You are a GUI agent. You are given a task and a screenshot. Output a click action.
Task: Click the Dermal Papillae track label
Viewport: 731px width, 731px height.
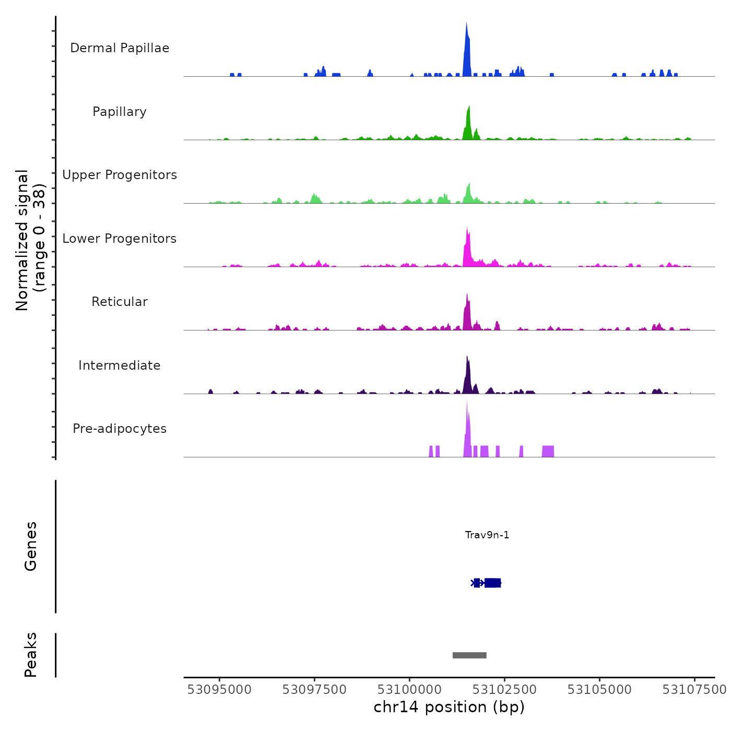[x=120, y=48]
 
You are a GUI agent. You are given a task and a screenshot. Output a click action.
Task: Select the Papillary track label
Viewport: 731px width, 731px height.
[x=120, y=112]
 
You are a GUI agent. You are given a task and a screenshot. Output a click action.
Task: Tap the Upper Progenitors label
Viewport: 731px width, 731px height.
[x=120, y=175]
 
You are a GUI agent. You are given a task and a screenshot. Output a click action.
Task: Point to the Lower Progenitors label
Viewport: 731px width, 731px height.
[x=120, y=239]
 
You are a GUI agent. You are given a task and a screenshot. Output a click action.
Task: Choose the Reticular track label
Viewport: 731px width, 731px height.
[x=120, y=302]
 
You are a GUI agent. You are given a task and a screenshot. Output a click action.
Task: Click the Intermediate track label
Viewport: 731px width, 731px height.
[x=120, y=365]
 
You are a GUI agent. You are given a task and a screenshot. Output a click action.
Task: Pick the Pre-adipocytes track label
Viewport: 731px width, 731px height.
[x=120, y=429]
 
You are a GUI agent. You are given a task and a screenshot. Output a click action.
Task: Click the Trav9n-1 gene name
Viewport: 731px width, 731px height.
[x=487, y=535]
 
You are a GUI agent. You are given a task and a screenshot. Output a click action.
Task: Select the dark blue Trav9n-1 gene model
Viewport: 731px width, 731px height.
[x=488, y=583]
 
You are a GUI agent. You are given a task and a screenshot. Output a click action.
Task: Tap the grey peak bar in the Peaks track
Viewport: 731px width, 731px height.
[x=469, y=655]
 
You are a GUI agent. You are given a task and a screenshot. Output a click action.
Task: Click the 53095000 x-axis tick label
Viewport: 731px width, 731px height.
[x=219, y=690]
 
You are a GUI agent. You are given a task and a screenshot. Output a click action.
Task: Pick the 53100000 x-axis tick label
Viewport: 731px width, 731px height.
[x=410, y=690]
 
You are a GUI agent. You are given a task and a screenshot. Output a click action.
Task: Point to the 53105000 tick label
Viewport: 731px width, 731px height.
[x=599, y=690]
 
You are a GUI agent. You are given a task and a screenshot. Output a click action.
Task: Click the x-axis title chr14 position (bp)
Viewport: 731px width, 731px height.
[x=449, y=707]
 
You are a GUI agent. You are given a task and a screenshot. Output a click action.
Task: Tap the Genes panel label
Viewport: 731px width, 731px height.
[x=31, y=546]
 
